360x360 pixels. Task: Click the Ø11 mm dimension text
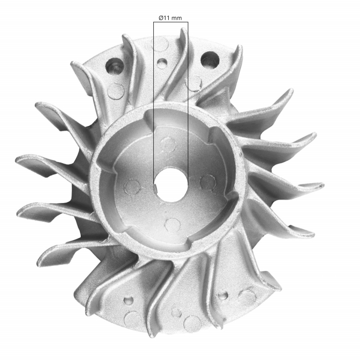tap(170, 17)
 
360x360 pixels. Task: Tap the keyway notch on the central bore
tap(156, 188)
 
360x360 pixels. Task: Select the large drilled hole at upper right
tap(210, 60)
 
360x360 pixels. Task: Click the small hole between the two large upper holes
tap(162, 64)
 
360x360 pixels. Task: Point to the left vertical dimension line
tap(154, 103)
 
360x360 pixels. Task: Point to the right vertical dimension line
tap(188, 103)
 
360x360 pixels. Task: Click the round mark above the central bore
tap(168, 145)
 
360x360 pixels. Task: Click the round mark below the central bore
tap(172, 225)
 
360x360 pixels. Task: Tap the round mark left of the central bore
tap(133, 187)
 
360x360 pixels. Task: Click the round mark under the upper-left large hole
tap(116, 92)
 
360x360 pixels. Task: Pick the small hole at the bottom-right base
tap(223, 296)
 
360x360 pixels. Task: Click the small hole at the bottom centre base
tap(176, 312)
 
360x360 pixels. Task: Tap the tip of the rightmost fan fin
tap(322, 185)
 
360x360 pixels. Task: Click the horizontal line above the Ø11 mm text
tap(171, 22)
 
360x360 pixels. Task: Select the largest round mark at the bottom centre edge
tap(192, 323)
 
